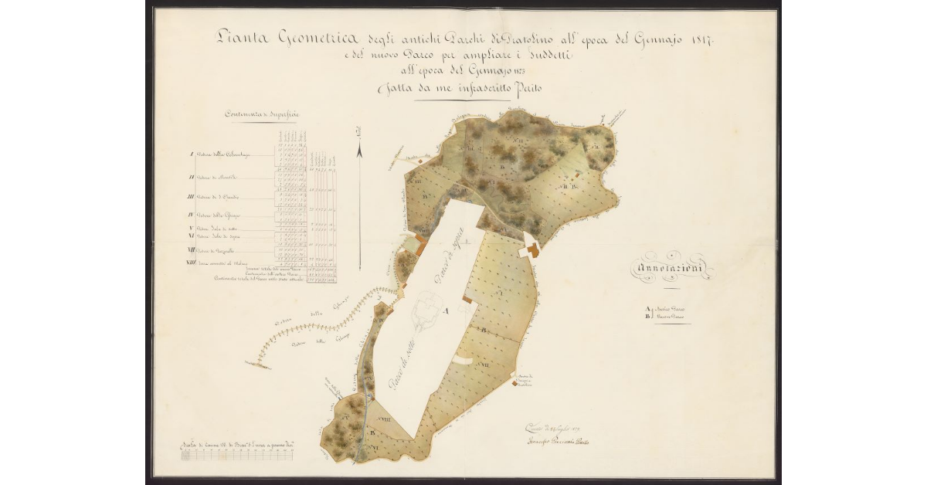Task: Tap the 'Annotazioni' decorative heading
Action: (x=674, y=269)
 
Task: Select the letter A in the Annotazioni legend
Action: (x=647, y=309)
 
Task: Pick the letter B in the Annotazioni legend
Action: (x=647, y=317)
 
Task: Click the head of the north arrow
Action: (x=360, y=148)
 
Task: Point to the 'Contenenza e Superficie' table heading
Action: (x=263, y=114)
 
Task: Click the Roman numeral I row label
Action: (x=191, y=154)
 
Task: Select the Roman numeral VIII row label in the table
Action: (x=190, y=264)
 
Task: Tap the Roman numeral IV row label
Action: (x=190, y=215)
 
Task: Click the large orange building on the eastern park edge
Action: (x=531, y=250)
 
